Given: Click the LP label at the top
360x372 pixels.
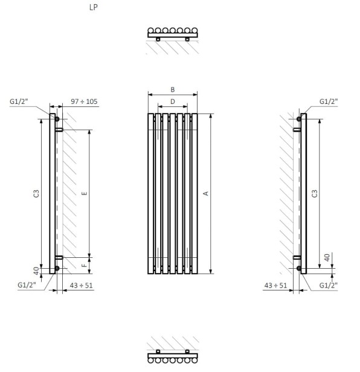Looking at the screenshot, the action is [94, 7].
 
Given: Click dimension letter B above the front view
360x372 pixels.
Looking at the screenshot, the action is [173, 89].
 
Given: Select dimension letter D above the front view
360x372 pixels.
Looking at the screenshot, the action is [173, 101].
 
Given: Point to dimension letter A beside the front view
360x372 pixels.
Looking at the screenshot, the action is [206, 193].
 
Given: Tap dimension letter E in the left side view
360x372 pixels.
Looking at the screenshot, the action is [84, 193].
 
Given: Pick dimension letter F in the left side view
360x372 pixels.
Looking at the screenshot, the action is [84, 266].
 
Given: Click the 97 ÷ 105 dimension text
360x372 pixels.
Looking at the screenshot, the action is [84, 101].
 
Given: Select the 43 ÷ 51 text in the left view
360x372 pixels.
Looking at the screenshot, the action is [81, 286].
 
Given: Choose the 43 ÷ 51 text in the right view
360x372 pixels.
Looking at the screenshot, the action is [275, 286].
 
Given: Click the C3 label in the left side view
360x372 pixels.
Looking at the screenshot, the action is [36, 193].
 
